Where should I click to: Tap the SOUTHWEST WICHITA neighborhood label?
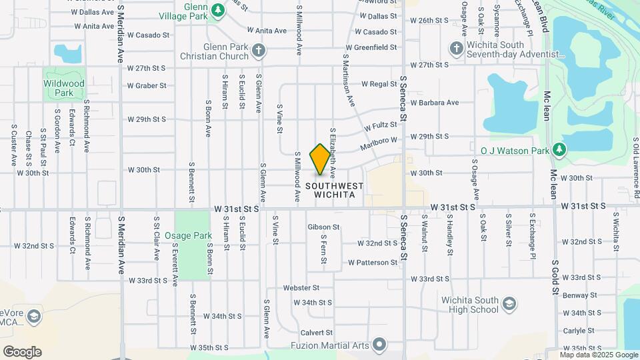[x=335, y=191]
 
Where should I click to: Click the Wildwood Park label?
[x=64, y=88]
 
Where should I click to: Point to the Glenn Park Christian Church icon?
[x=259, y=50]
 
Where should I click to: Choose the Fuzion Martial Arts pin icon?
[x=380, y=345]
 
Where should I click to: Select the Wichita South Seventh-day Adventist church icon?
[x=456, y=48]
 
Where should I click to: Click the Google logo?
[x=22, y=352]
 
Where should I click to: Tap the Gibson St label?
[x=323, y=227]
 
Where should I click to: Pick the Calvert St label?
[x=316, y=333]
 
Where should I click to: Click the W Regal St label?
[x=379, y=85]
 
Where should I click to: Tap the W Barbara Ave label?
[x=435, y=103]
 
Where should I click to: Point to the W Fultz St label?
[x=381, y=126]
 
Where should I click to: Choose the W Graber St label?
[x=147, y=85]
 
